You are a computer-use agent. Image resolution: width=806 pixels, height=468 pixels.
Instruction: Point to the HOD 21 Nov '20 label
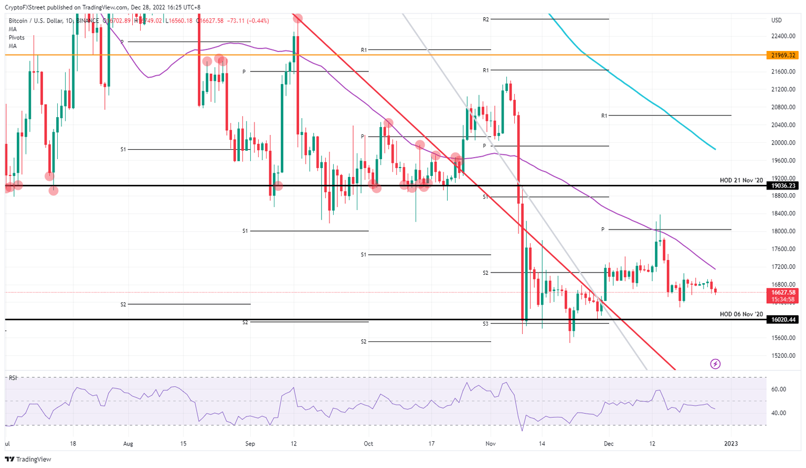741,180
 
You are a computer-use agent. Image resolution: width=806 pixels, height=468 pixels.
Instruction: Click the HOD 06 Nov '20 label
741,314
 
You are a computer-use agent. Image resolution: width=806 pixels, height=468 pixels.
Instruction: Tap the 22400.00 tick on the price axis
783,36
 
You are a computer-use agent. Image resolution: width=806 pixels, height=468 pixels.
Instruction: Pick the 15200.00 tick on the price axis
783,356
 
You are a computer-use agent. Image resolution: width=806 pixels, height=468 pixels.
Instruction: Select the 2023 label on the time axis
730,444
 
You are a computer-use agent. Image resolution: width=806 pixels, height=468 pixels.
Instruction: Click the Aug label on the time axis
128,444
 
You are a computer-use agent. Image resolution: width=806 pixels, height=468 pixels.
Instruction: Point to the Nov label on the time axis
490,444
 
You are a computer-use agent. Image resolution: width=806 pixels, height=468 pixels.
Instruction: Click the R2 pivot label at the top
486,19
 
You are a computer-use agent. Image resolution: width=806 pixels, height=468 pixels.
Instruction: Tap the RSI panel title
13,378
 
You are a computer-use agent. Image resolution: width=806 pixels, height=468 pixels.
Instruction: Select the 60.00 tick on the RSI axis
779,389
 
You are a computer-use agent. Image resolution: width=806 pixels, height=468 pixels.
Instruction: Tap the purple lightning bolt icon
715,363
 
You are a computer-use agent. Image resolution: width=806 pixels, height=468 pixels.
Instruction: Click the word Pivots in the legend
16,38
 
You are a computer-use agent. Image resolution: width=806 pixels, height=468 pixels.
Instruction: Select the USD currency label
776,20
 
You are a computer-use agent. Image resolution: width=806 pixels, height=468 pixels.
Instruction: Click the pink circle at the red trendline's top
298,18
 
